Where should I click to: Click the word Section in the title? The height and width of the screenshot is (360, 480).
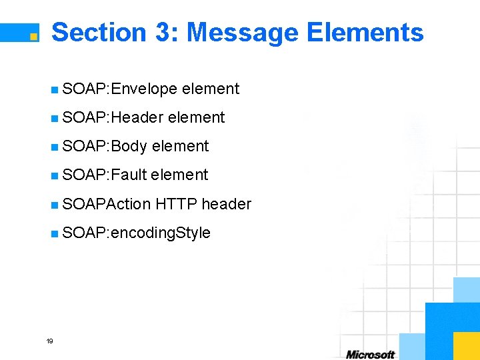(98, 32)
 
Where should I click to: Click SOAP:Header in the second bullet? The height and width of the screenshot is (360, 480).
(113, 118)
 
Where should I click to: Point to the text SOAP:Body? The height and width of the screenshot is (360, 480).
(104, 147)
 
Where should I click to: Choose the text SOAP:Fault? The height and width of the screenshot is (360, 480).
(104, 175)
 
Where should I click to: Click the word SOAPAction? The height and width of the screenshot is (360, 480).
(106, 204)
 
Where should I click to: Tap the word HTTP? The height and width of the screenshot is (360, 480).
(177, 204)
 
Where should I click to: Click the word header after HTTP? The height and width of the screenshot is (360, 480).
(227, 204)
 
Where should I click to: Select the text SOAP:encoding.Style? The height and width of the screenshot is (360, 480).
(136, 233)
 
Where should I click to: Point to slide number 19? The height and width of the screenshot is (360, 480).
(49, 341)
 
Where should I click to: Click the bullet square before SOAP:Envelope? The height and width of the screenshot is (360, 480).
(54, 89)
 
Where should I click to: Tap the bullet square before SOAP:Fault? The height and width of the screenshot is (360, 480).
(54, 175)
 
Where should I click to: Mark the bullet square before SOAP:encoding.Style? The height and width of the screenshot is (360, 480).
(54, 233)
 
